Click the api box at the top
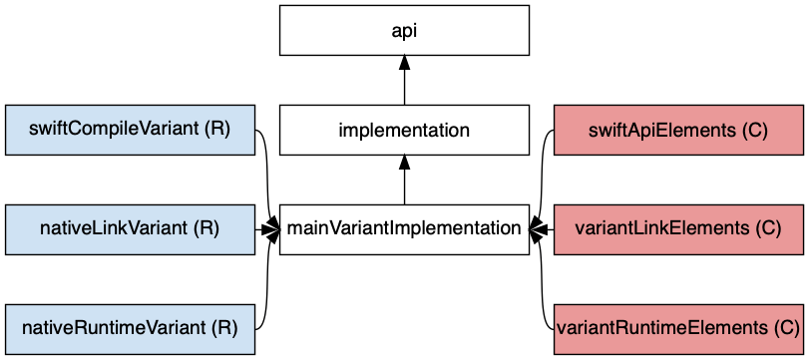404,30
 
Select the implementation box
404,130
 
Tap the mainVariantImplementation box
404,229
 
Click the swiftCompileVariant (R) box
130,130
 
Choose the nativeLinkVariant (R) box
130,229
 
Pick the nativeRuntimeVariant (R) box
130,327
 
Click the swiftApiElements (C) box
678,130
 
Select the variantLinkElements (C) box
678,229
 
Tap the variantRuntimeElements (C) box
678,327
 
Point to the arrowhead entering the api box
404,63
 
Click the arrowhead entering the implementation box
404,163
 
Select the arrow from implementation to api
404,86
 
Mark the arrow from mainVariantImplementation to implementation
404,185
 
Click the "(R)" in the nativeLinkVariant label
206,229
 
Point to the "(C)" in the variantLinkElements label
767,229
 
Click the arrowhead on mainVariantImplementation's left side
272,229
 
